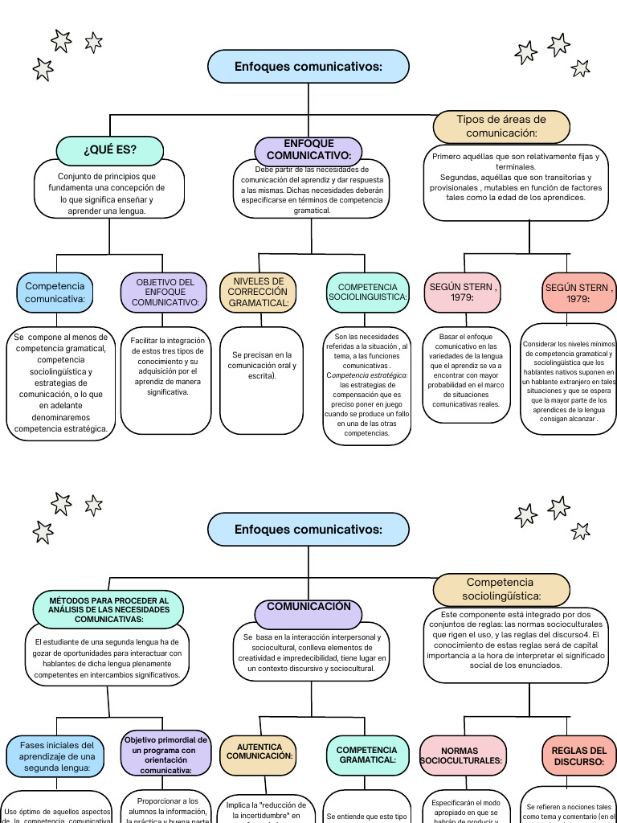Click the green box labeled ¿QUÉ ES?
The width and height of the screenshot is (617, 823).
[110, 150]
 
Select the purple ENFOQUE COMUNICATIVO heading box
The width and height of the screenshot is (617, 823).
[308, 150]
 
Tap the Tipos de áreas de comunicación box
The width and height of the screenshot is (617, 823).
[501, 126]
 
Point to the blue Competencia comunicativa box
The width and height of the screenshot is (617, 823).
[55, 293]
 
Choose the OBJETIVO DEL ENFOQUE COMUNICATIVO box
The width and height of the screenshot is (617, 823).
[165, 293]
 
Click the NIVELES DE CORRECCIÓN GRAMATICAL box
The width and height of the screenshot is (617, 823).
[258, 292]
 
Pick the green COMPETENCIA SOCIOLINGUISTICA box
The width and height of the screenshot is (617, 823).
[368, 292]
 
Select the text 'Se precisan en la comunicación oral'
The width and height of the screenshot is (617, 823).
[261, 365]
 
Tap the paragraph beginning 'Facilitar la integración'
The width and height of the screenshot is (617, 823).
[167, 366]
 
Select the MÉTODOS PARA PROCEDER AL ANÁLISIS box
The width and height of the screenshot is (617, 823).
[110, 610]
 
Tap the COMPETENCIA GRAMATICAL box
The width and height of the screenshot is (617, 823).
[367, 755]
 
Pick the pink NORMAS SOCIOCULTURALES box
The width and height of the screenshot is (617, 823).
[463, 755]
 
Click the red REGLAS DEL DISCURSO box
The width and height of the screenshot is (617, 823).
[578, 755]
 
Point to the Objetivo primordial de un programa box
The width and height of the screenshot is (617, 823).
[165, 754]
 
